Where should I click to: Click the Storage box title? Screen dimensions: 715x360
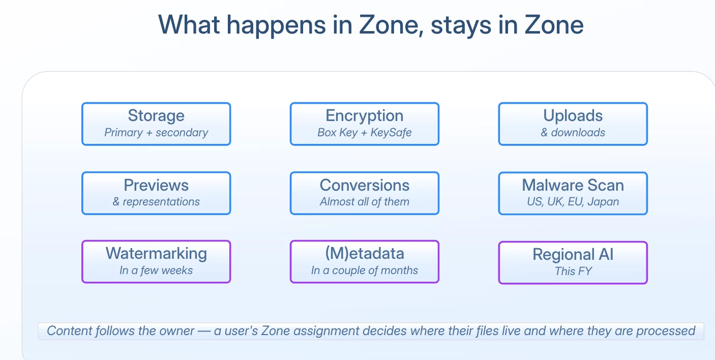coord(156,115)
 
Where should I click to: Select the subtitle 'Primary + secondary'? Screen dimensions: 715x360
coord(156,132)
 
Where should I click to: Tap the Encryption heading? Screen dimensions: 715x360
coord(365,115)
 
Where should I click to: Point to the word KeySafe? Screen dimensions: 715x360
coord(391,132)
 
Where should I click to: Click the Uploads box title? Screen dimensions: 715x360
coord(573,115)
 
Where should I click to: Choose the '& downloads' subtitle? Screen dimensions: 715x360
coord(573,132)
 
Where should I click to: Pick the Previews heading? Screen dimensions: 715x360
coord(156,185)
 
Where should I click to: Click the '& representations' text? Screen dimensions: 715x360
coord(156,202)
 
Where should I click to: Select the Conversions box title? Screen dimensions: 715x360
coord(365,185)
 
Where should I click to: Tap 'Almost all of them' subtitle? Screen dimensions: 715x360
coord(365,202)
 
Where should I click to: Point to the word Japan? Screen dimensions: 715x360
coord(603,202)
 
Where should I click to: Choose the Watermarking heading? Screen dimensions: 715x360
coord(156,253)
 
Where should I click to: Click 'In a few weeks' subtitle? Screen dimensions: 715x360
coord(156,271)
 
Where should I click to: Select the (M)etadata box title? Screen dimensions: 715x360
coord(365,253)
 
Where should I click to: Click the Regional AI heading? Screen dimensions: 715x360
coord(573,254)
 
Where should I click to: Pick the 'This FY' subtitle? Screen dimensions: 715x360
coord(573,272)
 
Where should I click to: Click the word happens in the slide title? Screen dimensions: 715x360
coord(277,25)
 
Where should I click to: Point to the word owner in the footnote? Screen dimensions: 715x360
coord(177,331)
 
